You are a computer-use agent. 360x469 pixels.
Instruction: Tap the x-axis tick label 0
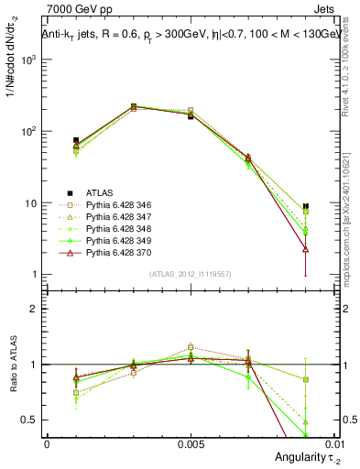(x=47, y=443)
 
